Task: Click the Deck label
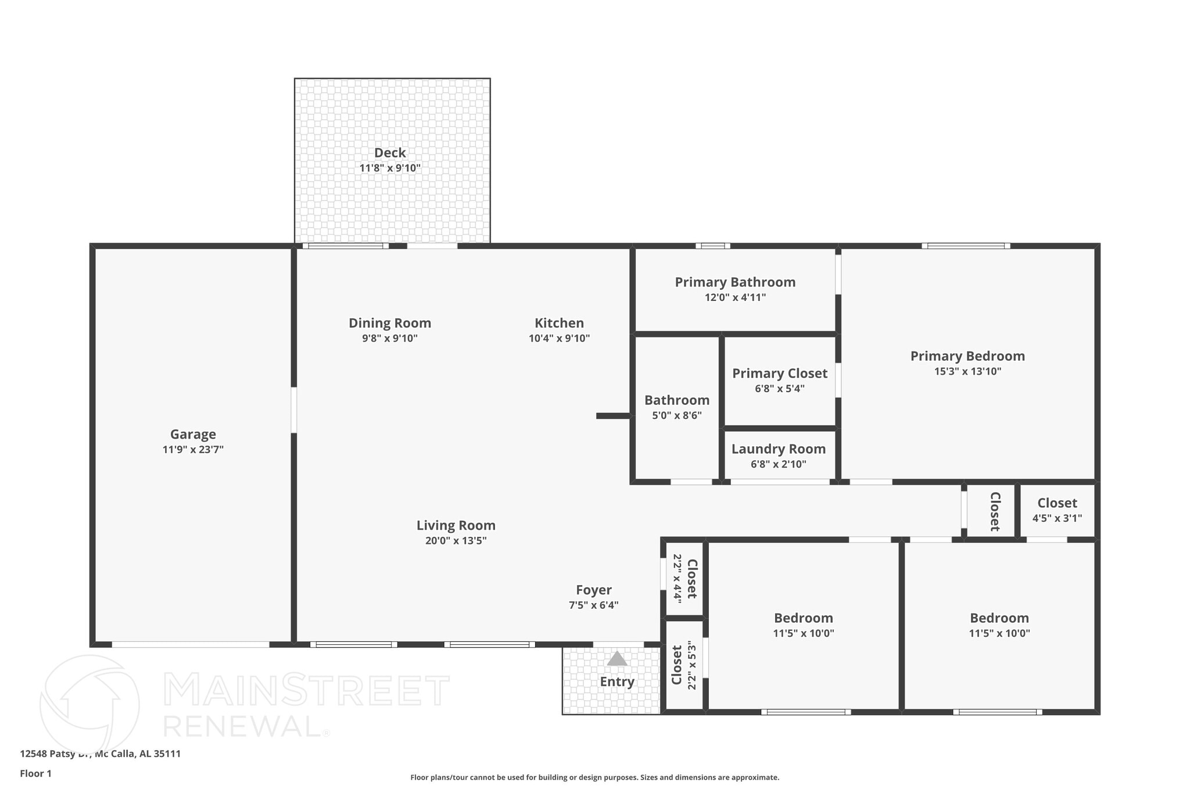pyautogui.click(x=390, y=153)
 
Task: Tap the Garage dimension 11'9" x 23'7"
pyautogui.click(x=193, y=450)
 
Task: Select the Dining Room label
pyautogui.click(x=390, y=323)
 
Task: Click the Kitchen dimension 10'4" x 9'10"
pyautogui.click(x=559, y=339)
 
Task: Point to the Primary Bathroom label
pyautogui.click(x=735, y=282)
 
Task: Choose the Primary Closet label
pyautogui.click(x=779, y=374)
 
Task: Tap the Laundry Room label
pyautogui.click(x=778, y=449)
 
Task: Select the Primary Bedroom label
pyautogui.click(x=967, y=356)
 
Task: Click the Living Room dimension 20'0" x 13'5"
pyautogui.click(x=456, y=541)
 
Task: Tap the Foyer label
pyautogui.click(x=593, y=590)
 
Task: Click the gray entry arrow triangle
pyautogui.click(x=616, y=659)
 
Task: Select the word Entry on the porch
pyautogui.click(x=616, y=682)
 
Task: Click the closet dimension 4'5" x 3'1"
pyautogui.click(x=1057, y=518)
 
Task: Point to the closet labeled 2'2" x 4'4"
pyautogui.click(x=684, y=578)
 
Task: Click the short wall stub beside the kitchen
pyautogui.click(x=613, y=416)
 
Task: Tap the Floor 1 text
pyautogui.click(x=36, y=774)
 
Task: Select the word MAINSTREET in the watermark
pyautogui.click(x=306, y=690)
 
